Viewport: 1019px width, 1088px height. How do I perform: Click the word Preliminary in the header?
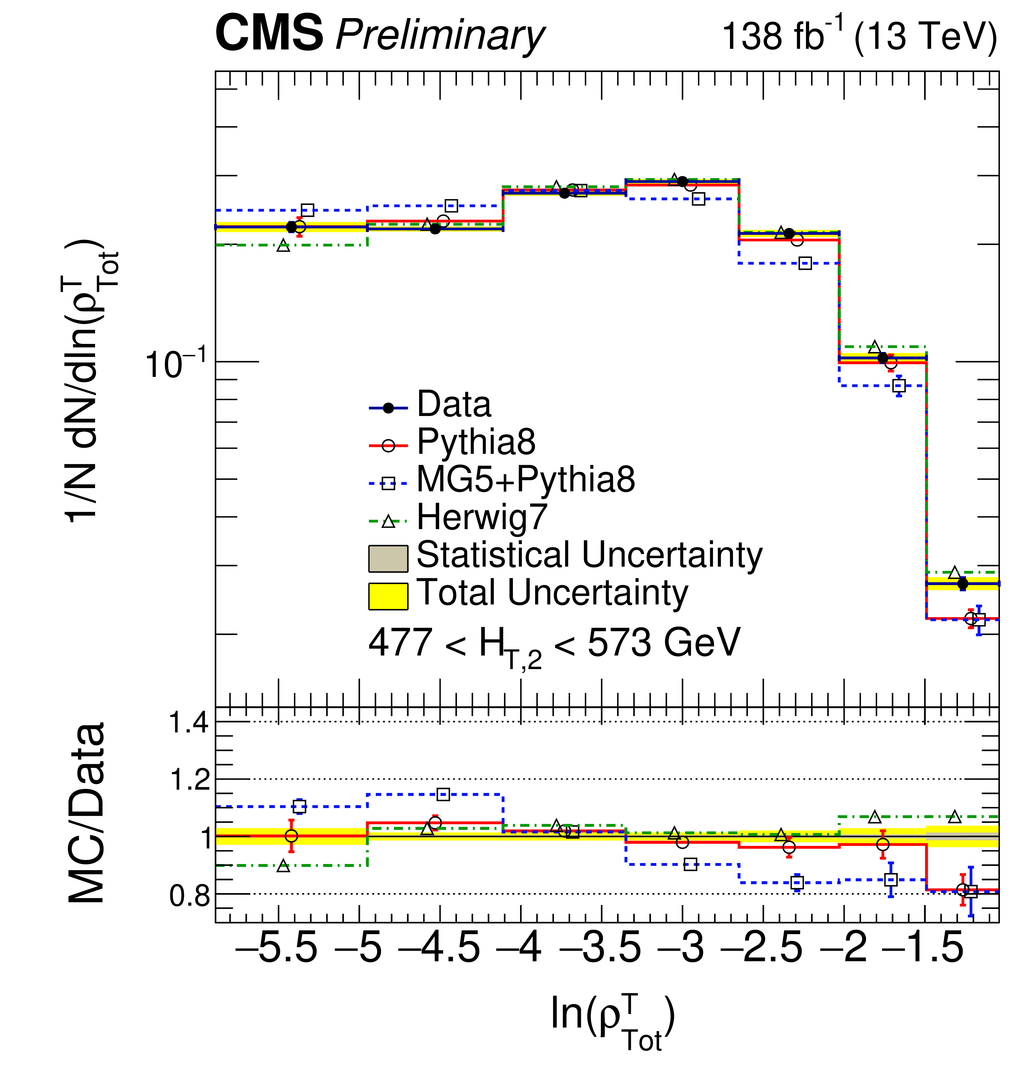coord(440,36)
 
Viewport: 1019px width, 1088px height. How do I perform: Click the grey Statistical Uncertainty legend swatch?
coord(388,558)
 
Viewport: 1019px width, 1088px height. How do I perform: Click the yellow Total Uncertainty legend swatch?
coord(388,596)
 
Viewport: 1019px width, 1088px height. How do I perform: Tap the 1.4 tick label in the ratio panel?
coord(189,723)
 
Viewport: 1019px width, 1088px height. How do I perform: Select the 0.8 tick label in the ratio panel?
coord(189,896)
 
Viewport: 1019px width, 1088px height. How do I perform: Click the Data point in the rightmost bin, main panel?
coord(963,584)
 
